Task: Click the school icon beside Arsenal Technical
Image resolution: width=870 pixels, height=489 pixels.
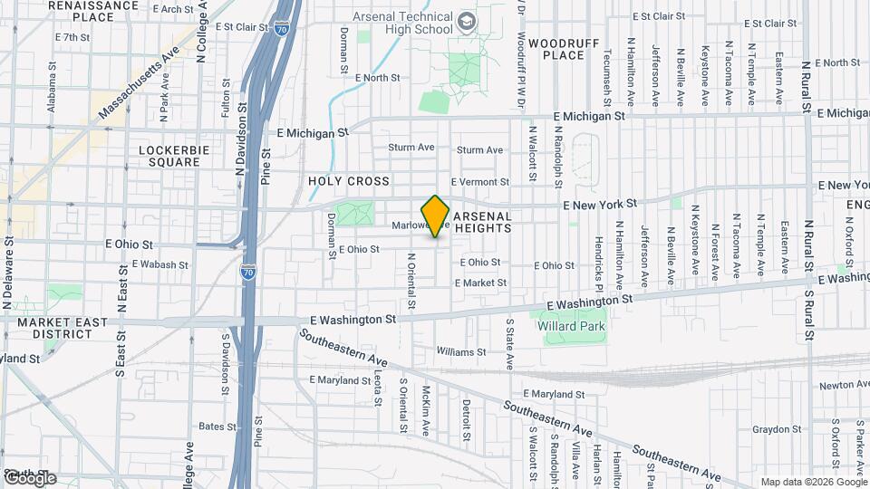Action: tap(467, 20)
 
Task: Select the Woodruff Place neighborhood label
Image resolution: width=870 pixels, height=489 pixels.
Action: tap(556, 49)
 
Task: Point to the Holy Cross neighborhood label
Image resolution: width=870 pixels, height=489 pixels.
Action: tap(349, 181)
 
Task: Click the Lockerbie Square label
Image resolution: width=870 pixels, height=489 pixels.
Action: tap(169, 156)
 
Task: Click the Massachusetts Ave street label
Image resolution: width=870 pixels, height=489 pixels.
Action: tap(138, 85)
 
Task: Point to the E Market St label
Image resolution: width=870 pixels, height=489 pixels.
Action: tap(480, 283)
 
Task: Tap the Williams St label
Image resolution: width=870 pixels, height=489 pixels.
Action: tap(461, 351)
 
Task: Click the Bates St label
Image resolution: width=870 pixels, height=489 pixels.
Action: tap(211, 426)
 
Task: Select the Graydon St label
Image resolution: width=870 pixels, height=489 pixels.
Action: tap(772, 430)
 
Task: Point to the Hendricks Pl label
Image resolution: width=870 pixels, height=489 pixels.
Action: tap(599, 258)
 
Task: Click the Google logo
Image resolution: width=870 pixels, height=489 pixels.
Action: tap(30, 477)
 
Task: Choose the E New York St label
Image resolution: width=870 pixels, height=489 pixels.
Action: tap(600, 206)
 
